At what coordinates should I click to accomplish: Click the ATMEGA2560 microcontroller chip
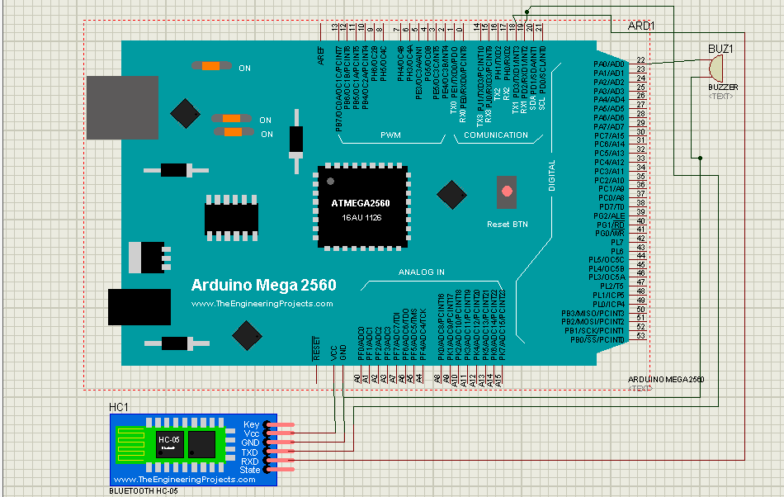pos(363,207)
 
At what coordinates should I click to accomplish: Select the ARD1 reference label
pos(641,26)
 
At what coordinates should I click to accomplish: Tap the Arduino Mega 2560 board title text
pos(263,286)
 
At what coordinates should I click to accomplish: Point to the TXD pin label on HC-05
pos(251,452)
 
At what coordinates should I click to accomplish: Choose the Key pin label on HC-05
pos(252,424)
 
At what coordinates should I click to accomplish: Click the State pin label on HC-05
pos(250,471)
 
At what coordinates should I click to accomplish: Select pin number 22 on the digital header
pos(640,61)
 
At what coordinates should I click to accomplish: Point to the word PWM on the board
pos(390,135)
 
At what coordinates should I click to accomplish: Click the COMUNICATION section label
pos(496,135)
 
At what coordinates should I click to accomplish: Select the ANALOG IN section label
pos(422,272)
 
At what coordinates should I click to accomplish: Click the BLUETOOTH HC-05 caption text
pos(143,490)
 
